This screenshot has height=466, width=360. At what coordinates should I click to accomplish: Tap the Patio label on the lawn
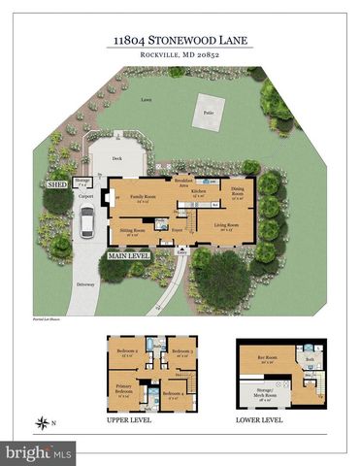click(x=208, y=113)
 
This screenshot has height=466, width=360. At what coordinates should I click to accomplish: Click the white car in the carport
click(x=85, y=227)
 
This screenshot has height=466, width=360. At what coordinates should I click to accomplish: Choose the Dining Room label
click(x=237, y=193)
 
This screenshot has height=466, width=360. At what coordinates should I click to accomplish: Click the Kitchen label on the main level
click(x=198, y=193)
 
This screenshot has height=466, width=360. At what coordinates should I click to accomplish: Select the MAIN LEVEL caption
click(x=128, y=255)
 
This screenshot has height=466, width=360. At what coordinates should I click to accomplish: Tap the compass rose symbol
click(x=43, y=421)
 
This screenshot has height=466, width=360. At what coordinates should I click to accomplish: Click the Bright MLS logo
click(x=39, y=451)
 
